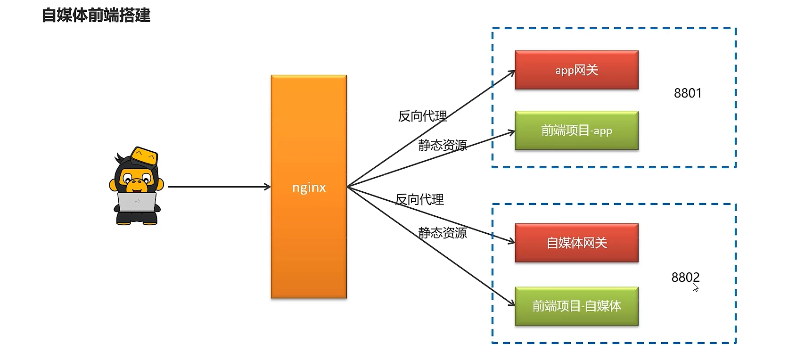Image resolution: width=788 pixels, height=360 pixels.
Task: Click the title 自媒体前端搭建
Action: point(96,15)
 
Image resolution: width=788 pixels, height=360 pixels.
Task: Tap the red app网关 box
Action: point(576,70)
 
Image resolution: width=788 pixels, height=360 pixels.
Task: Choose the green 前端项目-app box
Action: point(576,131)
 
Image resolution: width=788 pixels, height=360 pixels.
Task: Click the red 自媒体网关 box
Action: point(576,243)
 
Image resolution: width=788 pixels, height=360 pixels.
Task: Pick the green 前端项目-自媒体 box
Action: point(576,306)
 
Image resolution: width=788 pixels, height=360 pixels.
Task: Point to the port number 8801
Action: point(688,93)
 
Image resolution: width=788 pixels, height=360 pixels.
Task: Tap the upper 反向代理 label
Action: point(422,116)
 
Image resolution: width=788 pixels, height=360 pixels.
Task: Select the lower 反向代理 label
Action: point(419,200)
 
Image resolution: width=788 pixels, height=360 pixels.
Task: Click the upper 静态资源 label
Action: point(443,145)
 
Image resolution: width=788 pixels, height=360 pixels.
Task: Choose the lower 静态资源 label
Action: point(443,233)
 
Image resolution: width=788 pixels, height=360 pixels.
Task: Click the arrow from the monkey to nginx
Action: point(219,187)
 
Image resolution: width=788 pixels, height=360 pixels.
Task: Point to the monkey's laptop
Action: point(137,202)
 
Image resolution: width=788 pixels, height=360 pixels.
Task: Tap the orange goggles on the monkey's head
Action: point(144,156)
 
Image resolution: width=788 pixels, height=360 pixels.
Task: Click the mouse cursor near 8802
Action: point(695,287)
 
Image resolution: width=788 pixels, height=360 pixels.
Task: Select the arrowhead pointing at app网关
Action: point(512,72)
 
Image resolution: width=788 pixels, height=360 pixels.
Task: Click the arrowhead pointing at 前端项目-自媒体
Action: point(512,303)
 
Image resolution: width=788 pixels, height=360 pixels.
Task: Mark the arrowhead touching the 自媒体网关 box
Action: point(512,242)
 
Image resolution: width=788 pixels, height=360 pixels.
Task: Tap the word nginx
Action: point(309,188)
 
